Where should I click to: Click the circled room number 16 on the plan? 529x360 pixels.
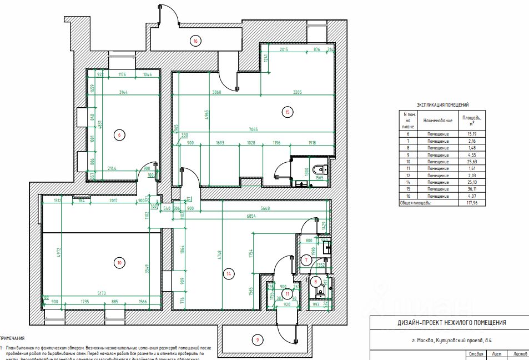[195, 40]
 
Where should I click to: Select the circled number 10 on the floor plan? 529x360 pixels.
[118, 263]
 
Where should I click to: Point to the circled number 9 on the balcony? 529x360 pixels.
[257, 339]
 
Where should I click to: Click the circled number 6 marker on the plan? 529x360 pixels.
[118, 134]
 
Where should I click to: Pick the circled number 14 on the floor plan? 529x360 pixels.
[227, 273]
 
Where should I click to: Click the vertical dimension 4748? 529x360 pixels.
[220, 256]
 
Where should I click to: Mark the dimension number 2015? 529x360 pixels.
[283, 50]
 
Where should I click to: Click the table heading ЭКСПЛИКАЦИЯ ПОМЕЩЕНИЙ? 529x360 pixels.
[442, 104]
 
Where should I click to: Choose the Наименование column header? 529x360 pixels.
[438, 120]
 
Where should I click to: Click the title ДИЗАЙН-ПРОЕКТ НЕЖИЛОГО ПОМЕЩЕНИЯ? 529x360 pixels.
[451, 323]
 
